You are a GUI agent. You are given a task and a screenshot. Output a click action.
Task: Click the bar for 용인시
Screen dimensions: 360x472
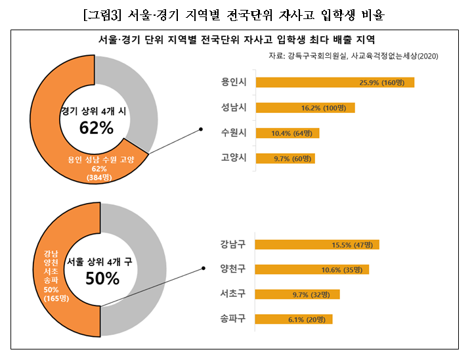coord(335,82)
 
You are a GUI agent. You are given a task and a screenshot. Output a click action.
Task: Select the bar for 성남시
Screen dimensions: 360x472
coord(305,108)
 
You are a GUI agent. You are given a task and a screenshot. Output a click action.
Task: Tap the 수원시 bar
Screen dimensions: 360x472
coord(287,133)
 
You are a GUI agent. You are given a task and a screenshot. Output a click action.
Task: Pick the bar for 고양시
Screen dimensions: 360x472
coord(285,158)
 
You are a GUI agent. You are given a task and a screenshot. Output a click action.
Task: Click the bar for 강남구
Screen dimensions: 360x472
coord(316,244)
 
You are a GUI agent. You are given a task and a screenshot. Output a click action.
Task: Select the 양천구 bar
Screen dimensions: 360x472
coord(311,269)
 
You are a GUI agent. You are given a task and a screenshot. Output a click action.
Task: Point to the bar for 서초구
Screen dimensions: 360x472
coord(297,294)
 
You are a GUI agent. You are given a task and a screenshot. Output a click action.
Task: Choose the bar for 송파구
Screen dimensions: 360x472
coord(293,319)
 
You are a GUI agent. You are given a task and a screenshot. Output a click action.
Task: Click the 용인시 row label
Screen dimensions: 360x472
coord(234,83)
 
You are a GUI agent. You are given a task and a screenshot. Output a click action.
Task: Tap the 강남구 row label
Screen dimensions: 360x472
coord(234,245)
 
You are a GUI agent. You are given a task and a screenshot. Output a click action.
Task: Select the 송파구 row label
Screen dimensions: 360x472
coord(234,319)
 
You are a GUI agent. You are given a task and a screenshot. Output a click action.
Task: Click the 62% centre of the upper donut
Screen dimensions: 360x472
coord(97,127)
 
